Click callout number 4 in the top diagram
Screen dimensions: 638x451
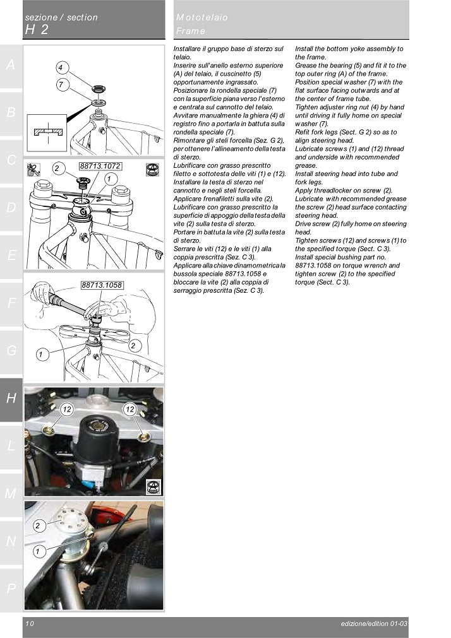(x=60, y=68)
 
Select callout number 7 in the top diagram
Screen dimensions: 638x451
(x=60, y=84)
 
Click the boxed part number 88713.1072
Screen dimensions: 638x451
(x=100, y=166)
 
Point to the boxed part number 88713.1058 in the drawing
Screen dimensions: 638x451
(x=102, y=285)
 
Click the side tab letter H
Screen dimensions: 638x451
(x=11, y=398)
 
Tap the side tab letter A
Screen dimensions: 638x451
(x=11, y=65)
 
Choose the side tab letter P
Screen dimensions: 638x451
(x=11, y=589)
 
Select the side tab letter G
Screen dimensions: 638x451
(x=11, y=350)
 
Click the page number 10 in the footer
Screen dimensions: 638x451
(x=30, y=623)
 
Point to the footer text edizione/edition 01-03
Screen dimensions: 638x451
(x=373, y=623)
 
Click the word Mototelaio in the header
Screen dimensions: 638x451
(x=202, y=18)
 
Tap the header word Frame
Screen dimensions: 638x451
(x=191, y=30)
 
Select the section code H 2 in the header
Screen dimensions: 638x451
(x=37, y=30)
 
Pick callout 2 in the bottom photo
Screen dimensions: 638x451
(x=37, y=525)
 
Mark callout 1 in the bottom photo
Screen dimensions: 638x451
(x=37, y=551)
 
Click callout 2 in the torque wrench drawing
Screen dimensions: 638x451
(x=133, y=346)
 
